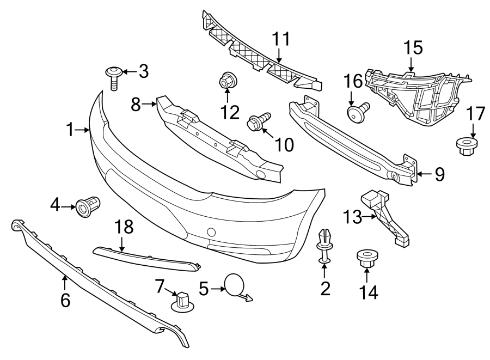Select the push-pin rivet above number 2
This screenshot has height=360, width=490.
324,243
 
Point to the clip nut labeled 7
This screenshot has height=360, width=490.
182,300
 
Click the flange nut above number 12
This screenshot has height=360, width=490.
226,80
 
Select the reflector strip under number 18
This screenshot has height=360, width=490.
146,258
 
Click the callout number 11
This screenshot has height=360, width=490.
281,40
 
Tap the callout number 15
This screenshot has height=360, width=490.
413,48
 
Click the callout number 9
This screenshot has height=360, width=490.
439,174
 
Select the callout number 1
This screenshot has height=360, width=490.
70,130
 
